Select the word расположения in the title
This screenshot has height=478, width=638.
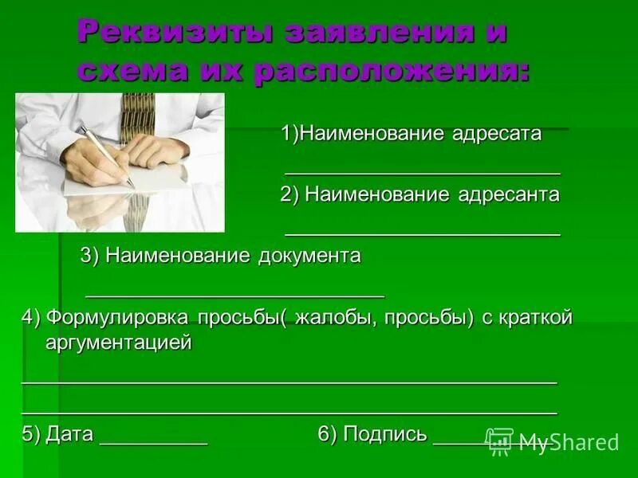[x=391, y=72]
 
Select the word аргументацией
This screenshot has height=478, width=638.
[x=119, y=343]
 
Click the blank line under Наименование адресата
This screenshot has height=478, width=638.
[x=423, y=172]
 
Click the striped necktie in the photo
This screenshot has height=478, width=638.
[x=137, y=119]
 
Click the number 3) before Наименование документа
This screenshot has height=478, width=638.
[x=90, y=256]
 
